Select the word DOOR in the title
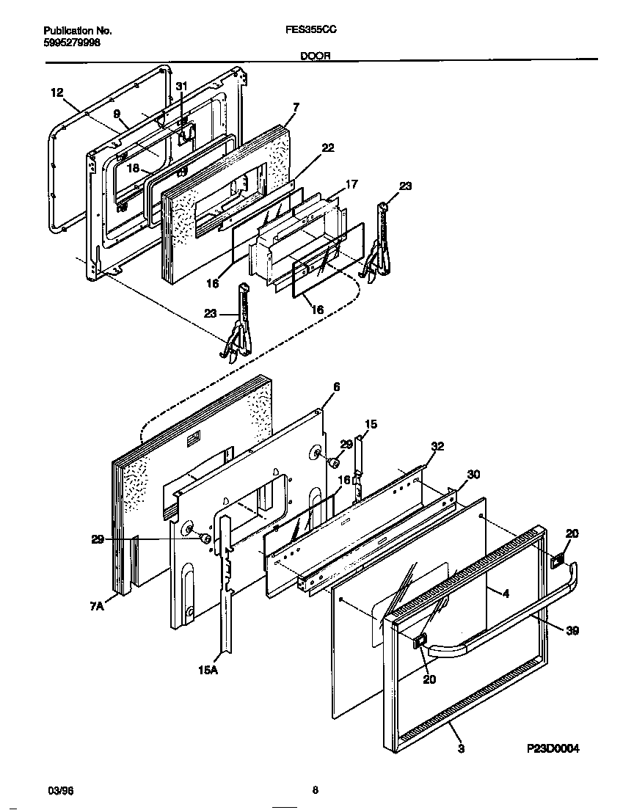pos(316,56)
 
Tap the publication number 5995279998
pos(72,43)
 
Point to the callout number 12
pos(57,92)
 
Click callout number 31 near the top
pos(181,87)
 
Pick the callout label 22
pos(327,147)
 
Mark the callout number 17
pos(351,184)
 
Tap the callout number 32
pos(437,446)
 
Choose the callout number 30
pos(473,475)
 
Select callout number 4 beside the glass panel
pos(505,593)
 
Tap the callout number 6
pos(336,386)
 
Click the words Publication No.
pos(78,31)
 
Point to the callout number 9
pos(116,114)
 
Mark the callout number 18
pos(134,167)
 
